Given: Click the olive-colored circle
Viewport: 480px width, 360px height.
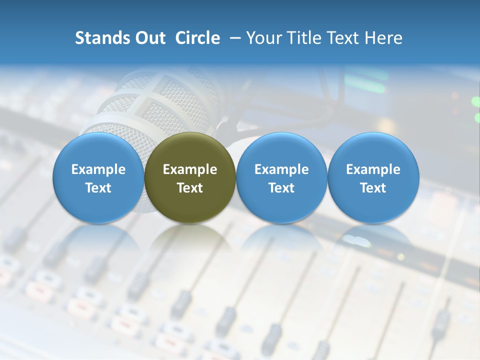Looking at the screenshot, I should click(190, 200).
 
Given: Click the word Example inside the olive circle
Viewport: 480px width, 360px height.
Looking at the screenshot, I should click(190, 169).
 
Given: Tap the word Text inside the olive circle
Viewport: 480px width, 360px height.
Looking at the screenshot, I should click(190, 188).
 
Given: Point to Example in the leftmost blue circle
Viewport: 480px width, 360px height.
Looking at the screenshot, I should click(98, 169).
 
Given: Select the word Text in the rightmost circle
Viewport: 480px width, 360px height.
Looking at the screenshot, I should click(373, 188).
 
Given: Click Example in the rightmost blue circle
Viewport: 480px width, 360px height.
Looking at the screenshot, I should click(373, 169).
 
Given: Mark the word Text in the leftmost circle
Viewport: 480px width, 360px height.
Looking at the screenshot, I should click(98, 188).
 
